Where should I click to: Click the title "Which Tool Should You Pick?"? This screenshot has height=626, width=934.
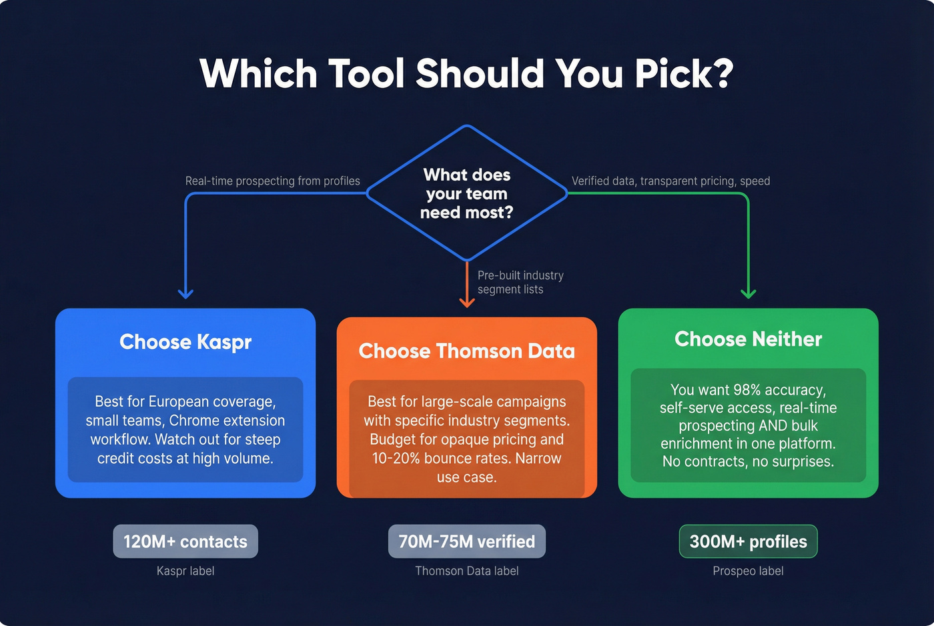(x=466, y=73)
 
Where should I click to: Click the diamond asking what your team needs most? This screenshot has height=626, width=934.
(x=467, y=193)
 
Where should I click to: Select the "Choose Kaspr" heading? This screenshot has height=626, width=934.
(x=185, y=342)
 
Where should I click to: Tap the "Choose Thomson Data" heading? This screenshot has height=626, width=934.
(x=466, y=351)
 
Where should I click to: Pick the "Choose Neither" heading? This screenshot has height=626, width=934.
(x=748, y=339)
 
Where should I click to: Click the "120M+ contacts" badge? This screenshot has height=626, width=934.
(x=185, y=541)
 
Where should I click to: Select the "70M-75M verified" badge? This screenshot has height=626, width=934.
(x=466, y=541)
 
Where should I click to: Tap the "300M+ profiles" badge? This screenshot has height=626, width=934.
(x=748, y=541)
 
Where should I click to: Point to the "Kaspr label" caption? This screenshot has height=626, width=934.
(x=185, y=571)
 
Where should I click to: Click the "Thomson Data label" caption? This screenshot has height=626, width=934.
(x=466, y=571)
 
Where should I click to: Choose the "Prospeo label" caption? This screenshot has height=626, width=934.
(x=748, y=571)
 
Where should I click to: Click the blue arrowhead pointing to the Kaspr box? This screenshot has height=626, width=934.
(x=185, y=293)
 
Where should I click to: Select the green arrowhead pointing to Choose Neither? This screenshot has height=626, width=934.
(x=749, y=293)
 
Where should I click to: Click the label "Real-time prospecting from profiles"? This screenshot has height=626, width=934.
(x=272, y=181)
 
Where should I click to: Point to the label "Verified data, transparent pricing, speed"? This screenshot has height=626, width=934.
(x=670, y=181)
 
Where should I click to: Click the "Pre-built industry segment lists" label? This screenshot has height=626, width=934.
(x=520, y=282)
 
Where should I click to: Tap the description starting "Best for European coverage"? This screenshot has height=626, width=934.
(x=185, y=430)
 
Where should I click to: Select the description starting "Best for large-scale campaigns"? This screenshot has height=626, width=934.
(x=466, y=439)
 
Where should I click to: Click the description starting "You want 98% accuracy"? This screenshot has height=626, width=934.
(x=748, y=425)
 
